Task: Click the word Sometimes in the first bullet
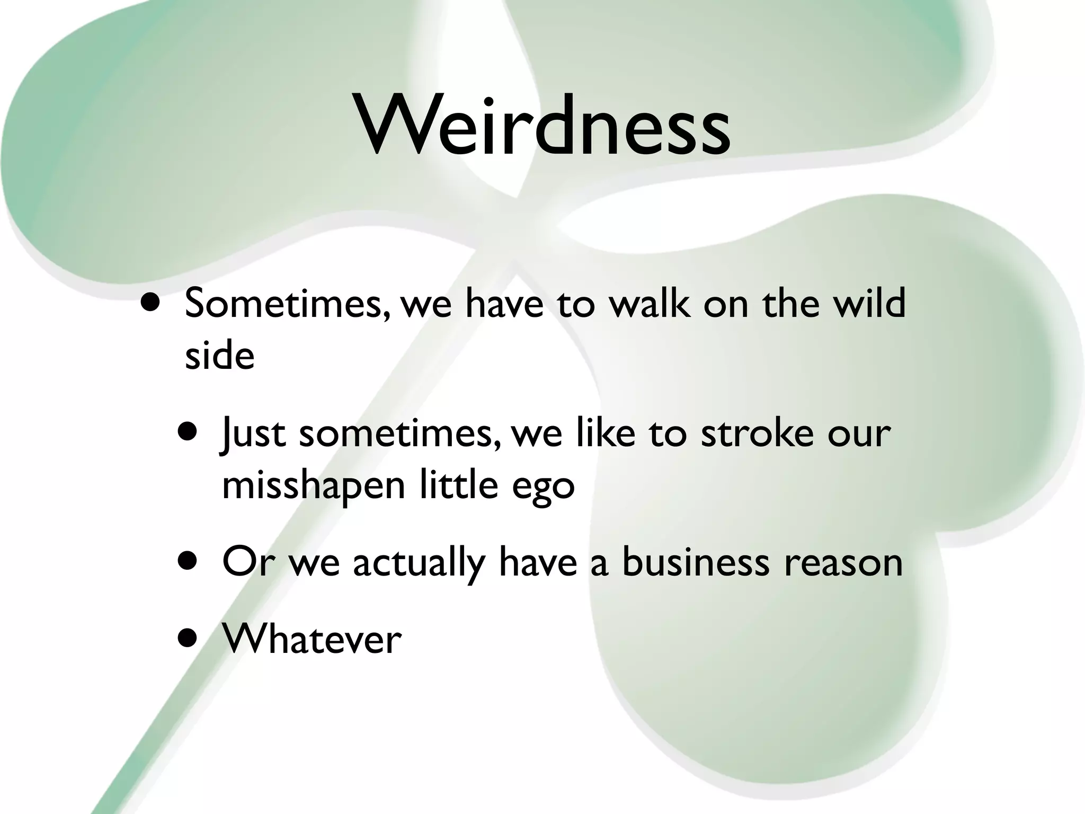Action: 283,304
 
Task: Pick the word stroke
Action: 757,432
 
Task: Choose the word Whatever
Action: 312,639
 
